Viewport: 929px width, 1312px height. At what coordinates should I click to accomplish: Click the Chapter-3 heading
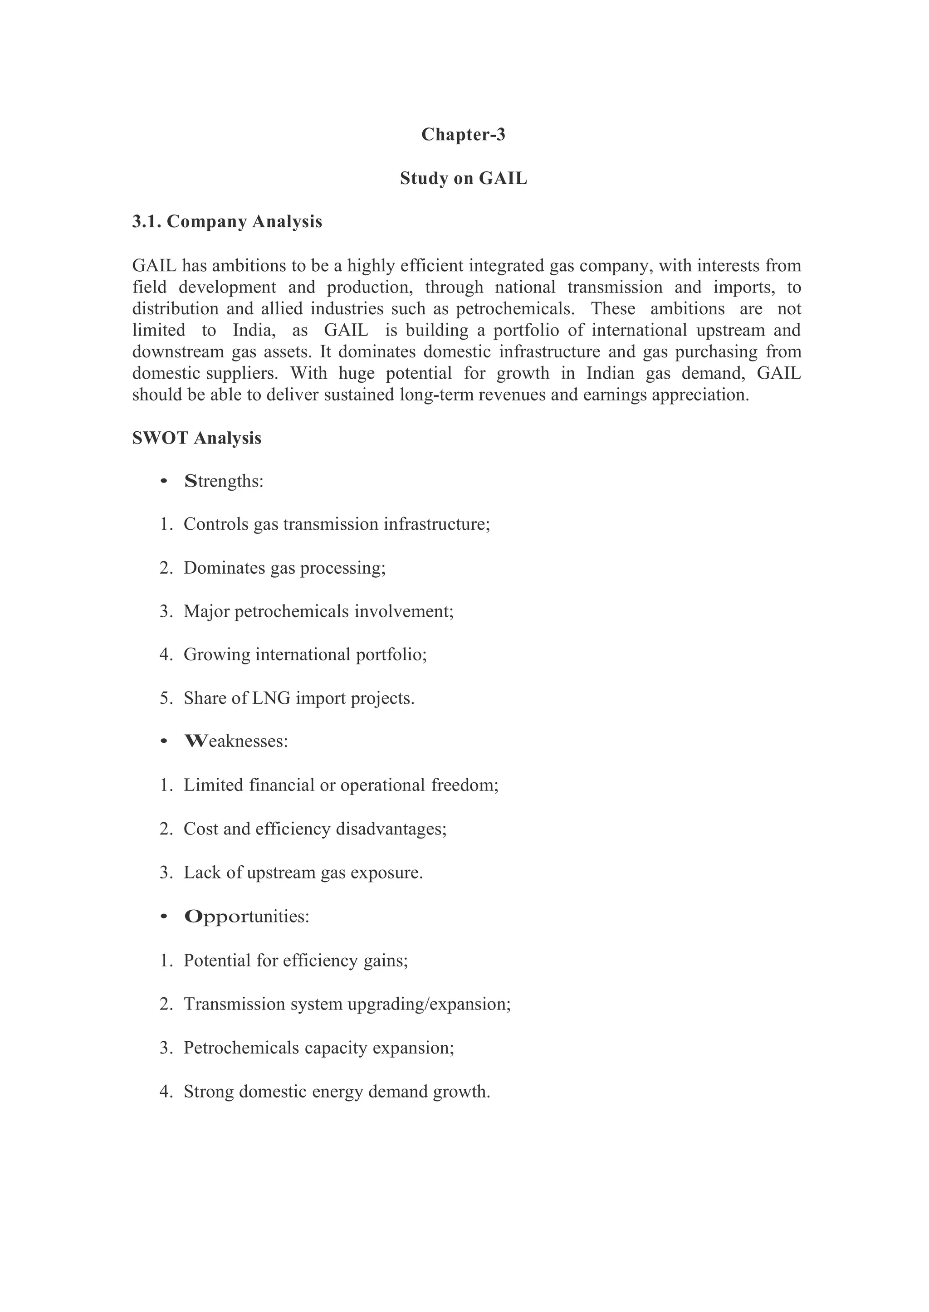[463, 134]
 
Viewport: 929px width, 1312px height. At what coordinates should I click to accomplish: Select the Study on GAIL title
[463, 178]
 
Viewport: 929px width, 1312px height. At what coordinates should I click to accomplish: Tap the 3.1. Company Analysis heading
[227, 221]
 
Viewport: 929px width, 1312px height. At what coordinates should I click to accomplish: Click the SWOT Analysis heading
[197, 438]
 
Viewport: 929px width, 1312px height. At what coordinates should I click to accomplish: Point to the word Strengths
[224, 482]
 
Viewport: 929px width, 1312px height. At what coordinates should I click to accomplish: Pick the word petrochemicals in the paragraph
[514, 309]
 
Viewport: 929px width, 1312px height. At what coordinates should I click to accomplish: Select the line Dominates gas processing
[284, 568]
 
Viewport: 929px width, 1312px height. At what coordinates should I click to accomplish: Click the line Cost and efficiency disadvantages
[315, 829]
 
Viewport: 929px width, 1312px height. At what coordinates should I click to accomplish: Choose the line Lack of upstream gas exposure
[303, 873]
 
